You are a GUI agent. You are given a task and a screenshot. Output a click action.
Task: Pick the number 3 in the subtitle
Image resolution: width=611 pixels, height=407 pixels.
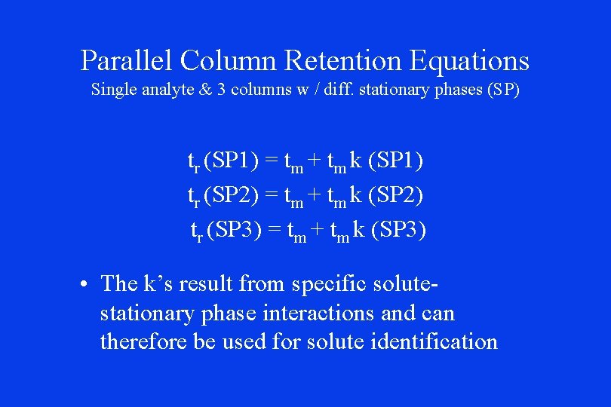(222, 89)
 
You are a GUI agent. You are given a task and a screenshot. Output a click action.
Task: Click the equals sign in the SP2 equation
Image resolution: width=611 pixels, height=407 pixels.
(270, 196)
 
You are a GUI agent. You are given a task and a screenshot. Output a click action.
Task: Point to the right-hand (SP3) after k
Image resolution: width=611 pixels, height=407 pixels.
(398, 231)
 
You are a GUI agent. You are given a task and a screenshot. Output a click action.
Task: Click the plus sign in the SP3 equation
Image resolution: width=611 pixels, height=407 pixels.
(322, 231)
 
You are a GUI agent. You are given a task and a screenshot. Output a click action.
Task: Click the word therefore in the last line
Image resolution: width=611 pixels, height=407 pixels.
(143, 341)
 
